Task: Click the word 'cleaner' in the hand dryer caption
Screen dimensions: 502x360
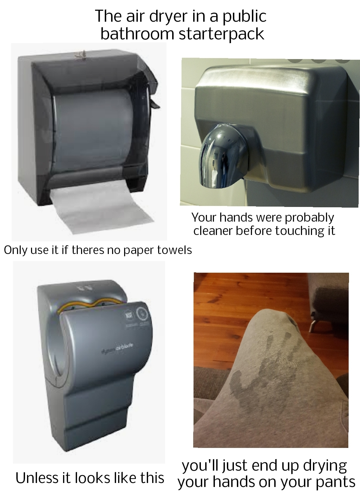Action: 213,231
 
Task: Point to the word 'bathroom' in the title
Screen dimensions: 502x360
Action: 137,34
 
